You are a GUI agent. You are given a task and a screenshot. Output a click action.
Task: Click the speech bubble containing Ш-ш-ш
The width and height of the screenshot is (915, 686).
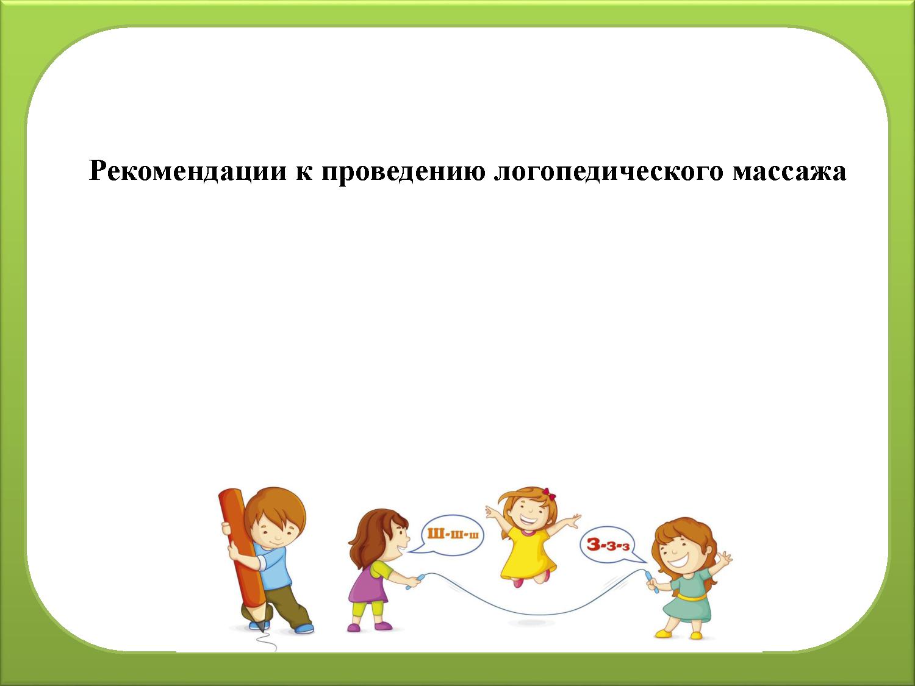[452, 535]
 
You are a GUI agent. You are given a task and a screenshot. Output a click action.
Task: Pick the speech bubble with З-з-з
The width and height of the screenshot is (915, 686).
[610, 545]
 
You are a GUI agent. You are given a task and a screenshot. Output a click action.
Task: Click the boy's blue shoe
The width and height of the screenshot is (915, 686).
[303, 627]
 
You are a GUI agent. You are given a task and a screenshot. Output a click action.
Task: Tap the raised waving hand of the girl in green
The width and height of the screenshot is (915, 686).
[725, 557]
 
